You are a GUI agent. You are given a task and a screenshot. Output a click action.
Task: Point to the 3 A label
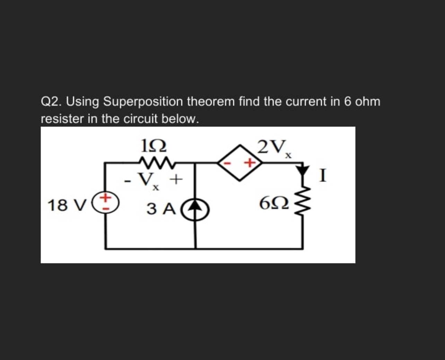(x=161, y=209)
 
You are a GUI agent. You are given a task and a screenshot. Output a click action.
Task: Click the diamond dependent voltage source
(x=239, y=162)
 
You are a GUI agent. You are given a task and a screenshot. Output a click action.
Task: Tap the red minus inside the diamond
(x=229, y=163)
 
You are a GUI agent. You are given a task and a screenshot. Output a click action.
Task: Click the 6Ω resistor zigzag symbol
(x=303, y=204)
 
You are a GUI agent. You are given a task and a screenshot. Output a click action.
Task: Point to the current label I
(x=323, y=175)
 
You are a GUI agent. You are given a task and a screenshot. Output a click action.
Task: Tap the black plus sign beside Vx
(x=176, y=179)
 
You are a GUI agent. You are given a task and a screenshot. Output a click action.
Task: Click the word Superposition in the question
(x=143, y=102)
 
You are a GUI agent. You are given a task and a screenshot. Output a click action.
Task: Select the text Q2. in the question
(x=51, y=102)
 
